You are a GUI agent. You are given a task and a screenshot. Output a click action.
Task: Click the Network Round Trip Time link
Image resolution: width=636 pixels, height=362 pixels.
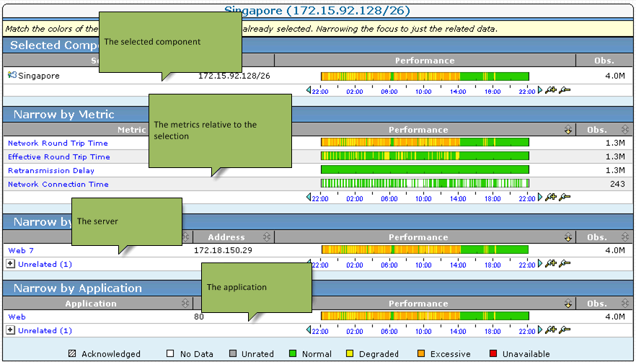coord(58,144)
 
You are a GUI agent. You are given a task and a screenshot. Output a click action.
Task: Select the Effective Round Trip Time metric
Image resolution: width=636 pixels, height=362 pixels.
coord(59,157)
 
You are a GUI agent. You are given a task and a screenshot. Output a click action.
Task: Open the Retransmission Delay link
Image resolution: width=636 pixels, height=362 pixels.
coord(51,171)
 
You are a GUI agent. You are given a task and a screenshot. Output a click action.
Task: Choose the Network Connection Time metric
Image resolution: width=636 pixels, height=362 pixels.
coord(58,185)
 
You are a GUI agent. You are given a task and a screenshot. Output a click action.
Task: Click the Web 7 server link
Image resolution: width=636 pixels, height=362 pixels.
coord(21,251)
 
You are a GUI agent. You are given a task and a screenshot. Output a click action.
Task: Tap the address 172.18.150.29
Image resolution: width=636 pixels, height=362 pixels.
coord(224,251)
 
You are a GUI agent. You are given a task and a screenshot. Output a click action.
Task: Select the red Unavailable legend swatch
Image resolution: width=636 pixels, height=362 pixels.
coord(494,354)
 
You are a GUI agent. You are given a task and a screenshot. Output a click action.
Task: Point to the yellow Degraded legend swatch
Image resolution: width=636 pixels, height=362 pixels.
coord(350,354)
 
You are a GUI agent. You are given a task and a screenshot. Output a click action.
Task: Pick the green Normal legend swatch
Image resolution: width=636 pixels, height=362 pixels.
coord(293,354)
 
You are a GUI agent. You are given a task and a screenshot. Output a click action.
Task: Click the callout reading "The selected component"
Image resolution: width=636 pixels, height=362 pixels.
coord(169,42)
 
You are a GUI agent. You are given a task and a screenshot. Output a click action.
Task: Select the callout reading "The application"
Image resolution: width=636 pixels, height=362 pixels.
coord(256,287)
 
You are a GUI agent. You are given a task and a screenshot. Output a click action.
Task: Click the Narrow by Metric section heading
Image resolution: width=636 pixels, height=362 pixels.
coord(63,115)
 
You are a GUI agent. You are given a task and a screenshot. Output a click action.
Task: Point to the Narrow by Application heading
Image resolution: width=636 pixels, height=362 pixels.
coord(78,288)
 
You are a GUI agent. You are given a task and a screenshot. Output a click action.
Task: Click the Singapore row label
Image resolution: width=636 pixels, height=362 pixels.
coord(39,76)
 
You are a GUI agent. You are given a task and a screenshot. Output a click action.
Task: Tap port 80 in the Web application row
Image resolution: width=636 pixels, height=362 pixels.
coord(199,317)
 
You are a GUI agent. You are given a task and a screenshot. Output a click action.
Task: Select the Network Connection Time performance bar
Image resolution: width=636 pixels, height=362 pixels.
coord(425,183)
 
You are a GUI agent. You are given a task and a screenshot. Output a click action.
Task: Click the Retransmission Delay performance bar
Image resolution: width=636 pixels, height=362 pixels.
coord(425,169)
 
